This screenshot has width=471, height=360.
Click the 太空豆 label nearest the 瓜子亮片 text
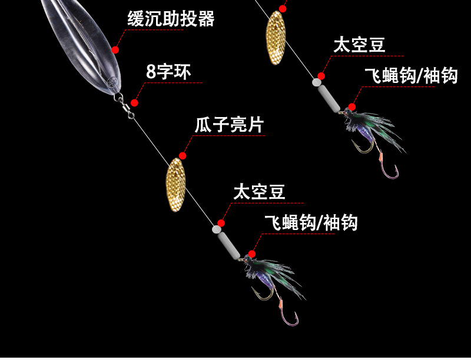(x=259, y=192)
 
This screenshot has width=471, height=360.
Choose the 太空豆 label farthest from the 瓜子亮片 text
(x=359, y=45)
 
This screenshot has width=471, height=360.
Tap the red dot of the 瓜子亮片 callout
(x=183, y=156)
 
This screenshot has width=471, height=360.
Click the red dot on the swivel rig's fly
(x=252, y=254)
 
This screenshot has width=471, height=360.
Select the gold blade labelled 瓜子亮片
(x=175, y=181)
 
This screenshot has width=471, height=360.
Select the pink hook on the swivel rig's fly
(x=290, y=316)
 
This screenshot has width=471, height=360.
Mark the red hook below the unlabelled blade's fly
(x=390, y=170)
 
